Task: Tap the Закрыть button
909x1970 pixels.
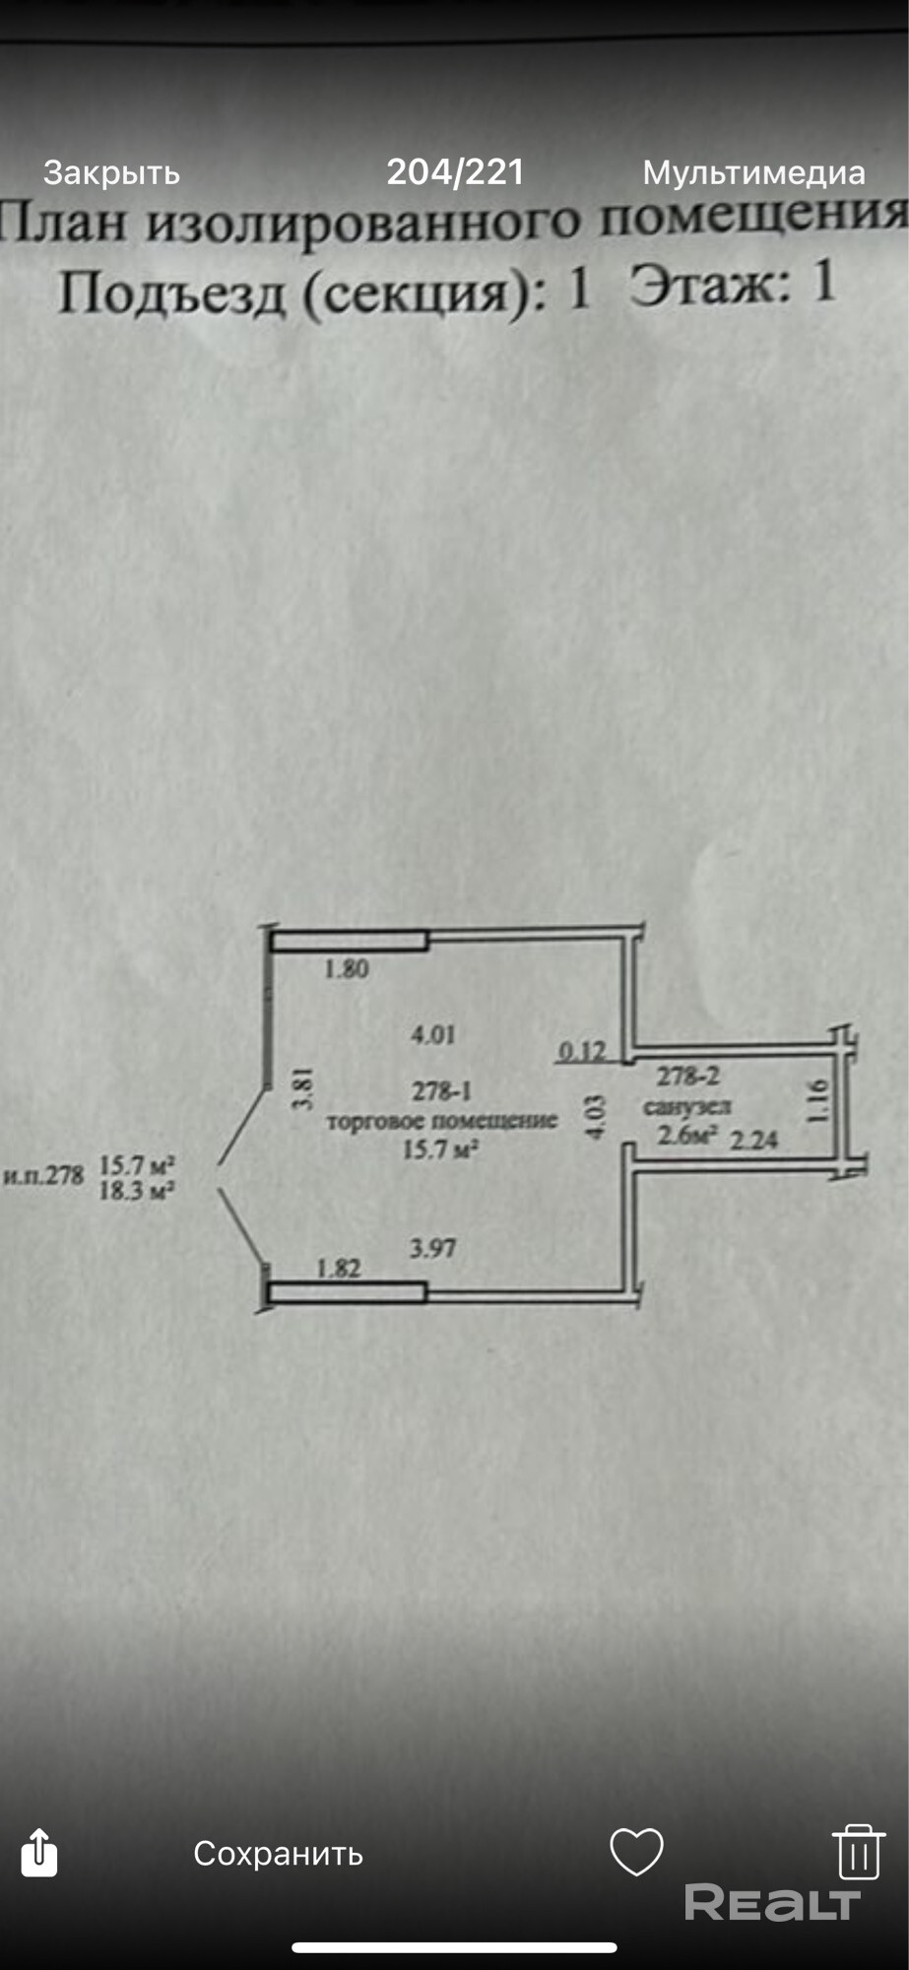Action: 111,173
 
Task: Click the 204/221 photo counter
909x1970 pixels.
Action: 454,172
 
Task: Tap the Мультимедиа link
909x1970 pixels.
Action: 753,173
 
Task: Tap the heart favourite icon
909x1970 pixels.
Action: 636,1851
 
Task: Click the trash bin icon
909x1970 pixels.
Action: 858,1851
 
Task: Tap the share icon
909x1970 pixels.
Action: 39,1852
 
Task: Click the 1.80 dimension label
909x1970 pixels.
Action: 347,969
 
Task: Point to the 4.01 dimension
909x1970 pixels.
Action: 432,1034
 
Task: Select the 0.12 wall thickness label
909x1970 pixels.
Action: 582,1051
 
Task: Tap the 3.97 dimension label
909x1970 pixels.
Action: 432,1248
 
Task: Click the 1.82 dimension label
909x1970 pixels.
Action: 339,1268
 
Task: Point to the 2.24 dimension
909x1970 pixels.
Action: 753,1140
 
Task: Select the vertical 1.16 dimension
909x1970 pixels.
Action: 816,1100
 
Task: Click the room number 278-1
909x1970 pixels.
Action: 441,1091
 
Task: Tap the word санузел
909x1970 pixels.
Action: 686,1107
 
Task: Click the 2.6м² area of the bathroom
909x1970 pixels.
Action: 686,1135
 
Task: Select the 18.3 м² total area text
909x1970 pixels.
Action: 138,1191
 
